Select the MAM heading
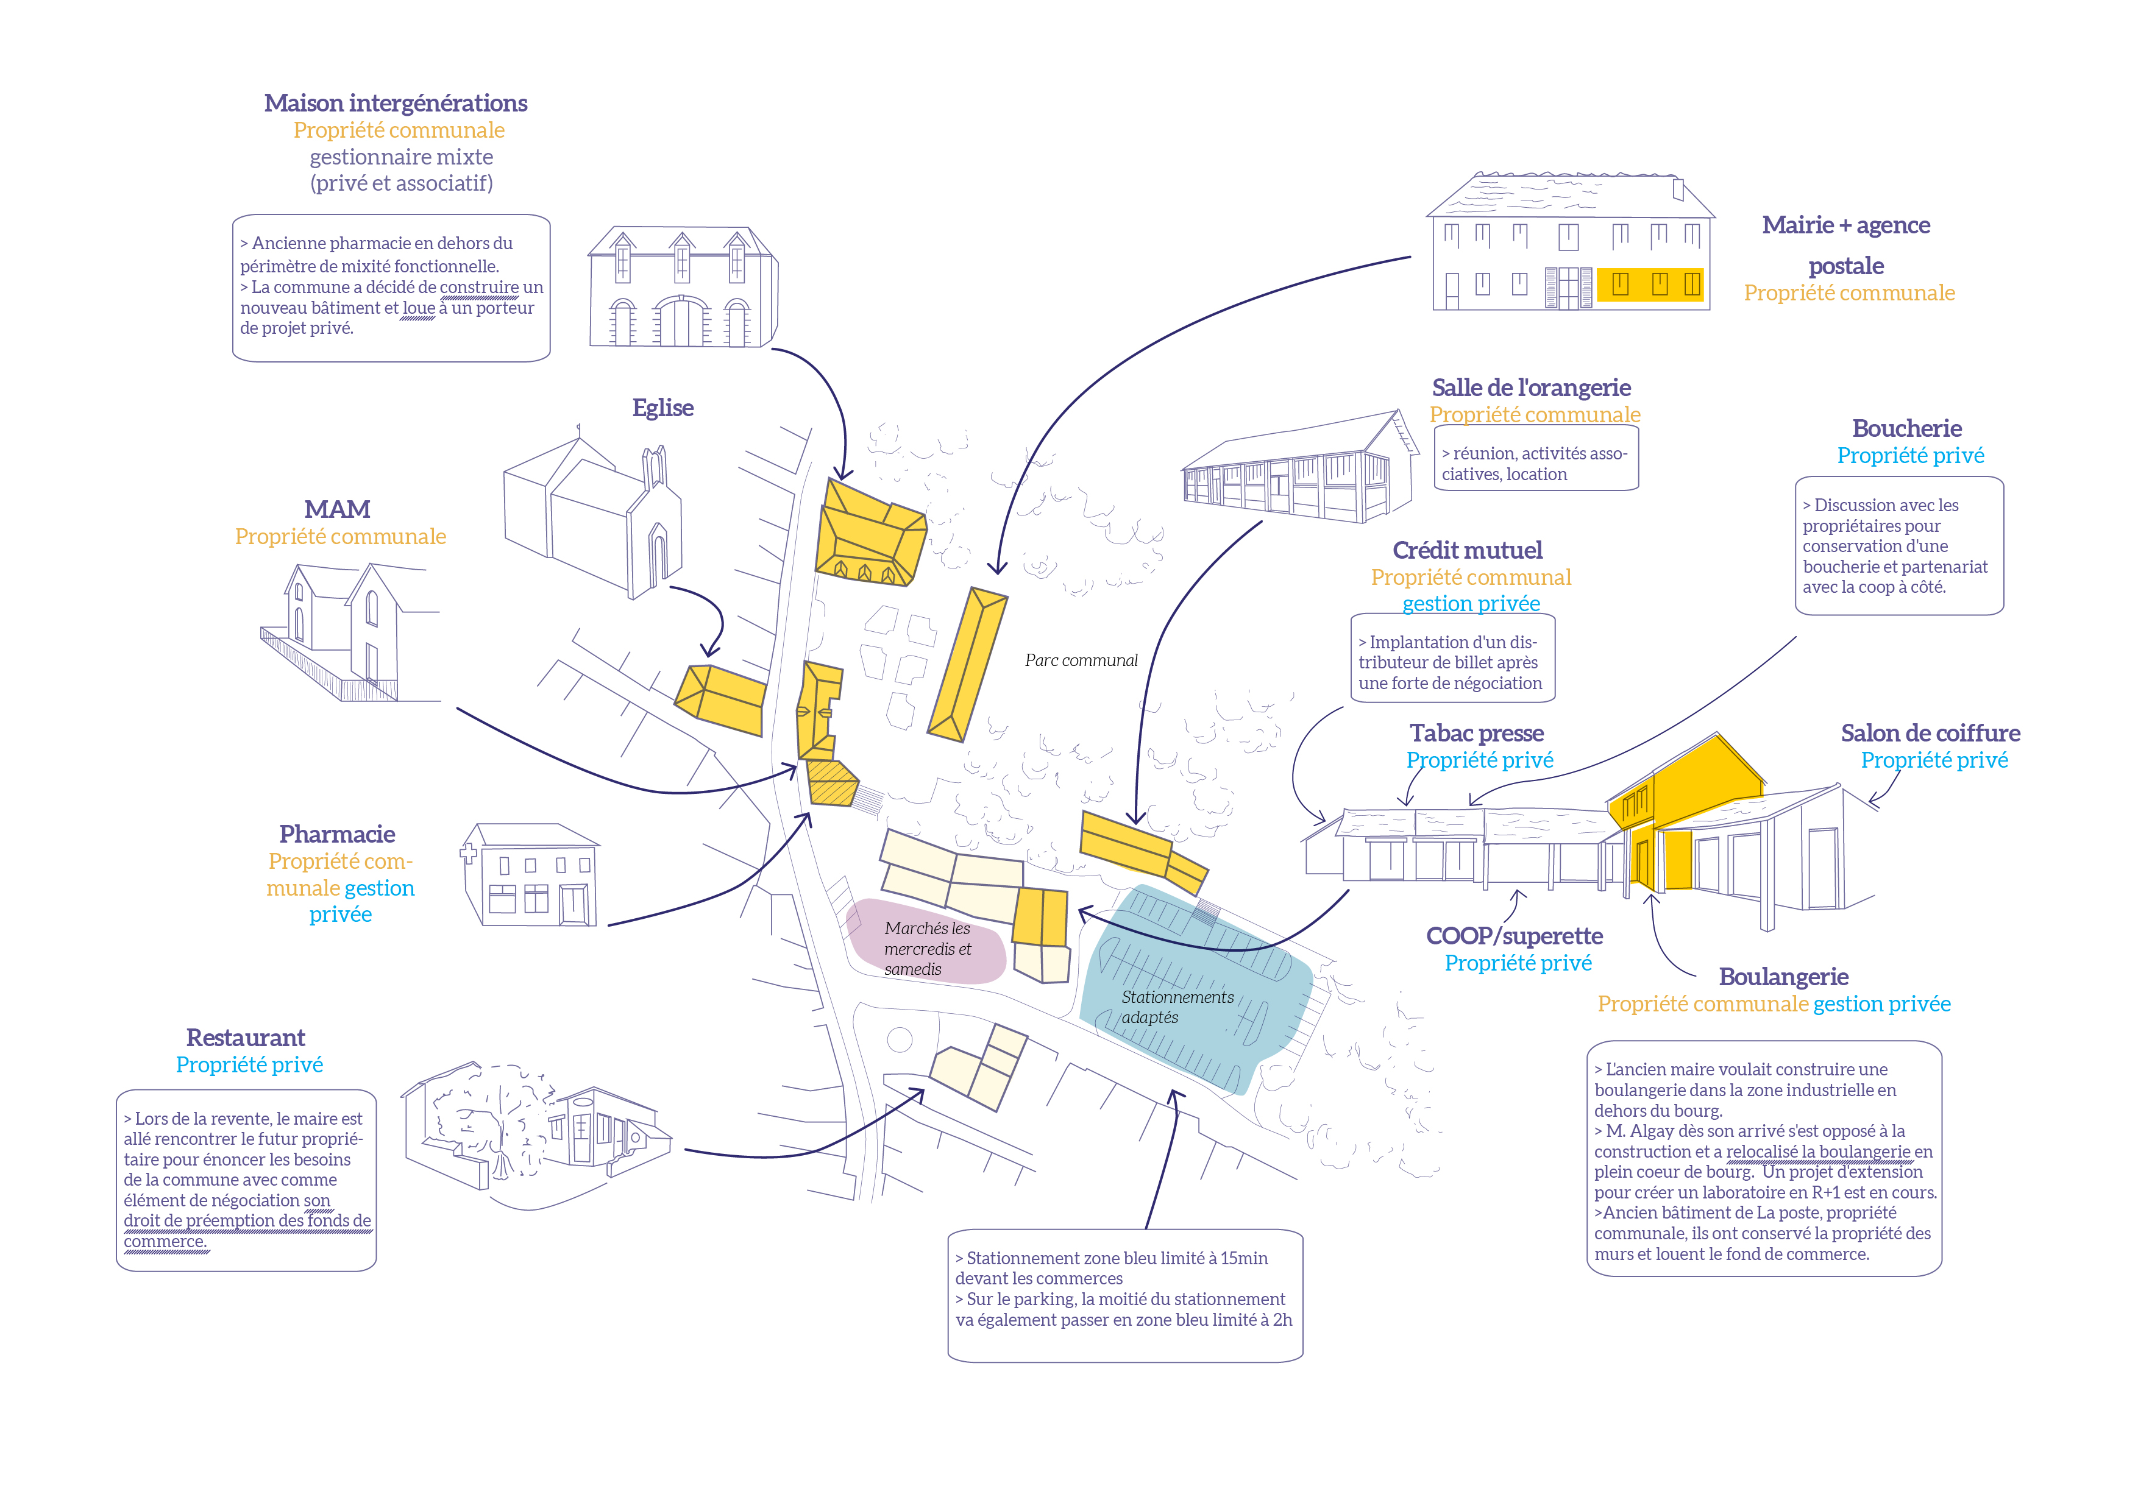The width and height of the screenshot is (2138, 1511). pos(337,509)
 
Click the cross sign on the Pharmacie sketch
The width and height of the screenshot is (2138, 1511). pos(469,851)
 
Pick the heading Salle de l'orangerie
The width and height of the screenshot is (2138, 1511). pos(1531,387)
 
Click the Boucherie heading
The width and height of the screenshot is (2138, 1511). pos(1906,428)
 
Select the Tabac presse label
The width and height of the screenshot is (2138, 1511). pos(1476,733)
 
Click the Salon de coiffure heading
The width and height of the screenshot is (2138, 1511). pos(1930,733)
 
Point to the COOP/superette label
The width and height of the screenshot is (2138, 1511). pos(1514,936)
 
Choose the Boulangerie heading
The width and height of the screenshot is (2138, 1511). pos(1783,977)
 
